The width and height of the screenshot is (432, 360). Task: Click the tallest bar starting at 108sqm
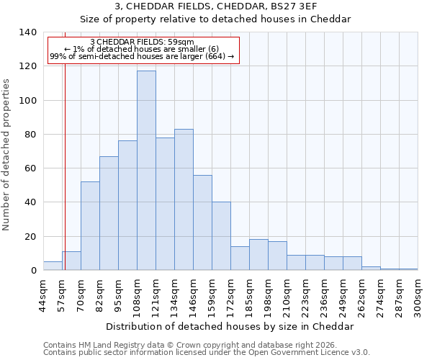coord(146,171)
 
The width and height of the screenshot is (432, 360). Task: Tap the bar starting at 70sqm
coord(90,226)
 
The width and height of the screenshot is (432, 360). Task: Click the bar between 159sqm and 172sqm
coord(221,236)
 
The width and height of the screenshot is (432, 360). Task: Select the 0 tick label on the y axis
coord(33,271)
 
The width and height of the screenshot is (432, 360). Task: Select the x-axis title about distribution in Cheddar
coord(230,326)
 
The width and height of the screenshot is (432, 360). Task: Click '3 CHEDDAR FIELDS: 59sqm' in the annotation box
coord(142,42)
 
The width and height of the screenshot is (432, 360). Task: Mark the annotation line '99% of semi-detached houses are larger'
coord(142,56)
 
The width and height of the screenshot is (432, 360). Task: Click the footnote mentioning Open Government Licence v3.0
coord(207,353)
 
